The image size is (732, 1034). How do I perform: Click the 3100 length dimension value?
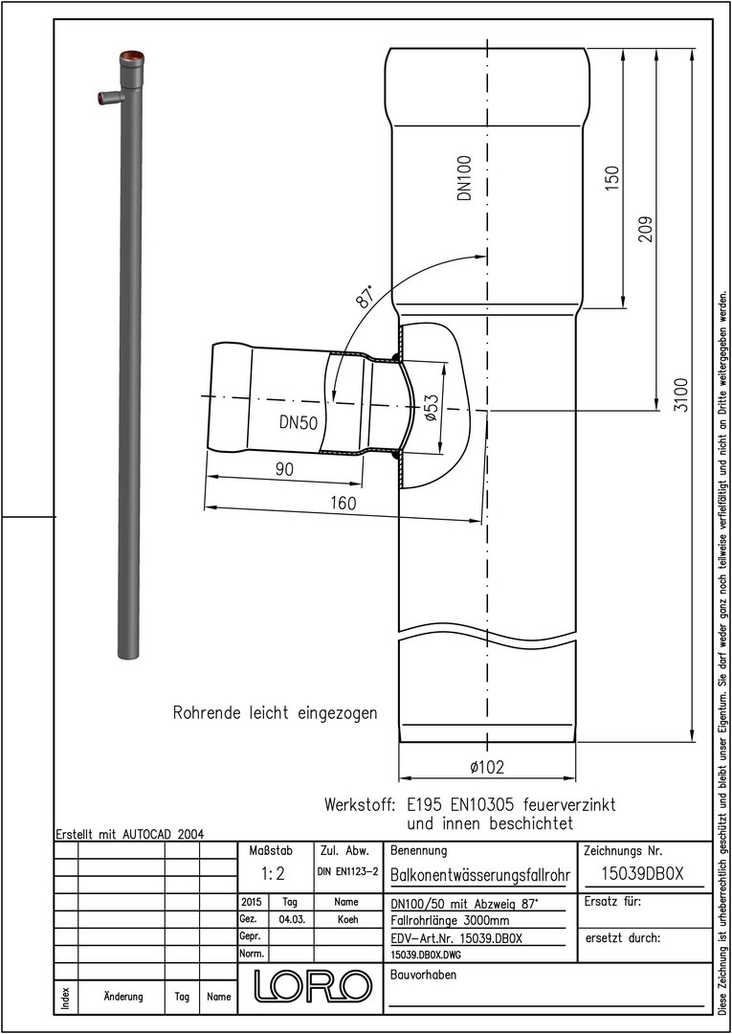pyautogui.click(x=680, y=395)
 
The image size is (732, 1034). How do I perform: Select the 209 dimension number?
pyautogui.click(x=646, y=229)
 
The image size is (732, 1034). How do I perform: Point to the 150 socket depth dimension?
pyautogui.click(x=612, y=179)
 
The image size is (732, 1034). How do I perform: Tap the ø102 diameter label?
pyautogui.click(x=487, y=767)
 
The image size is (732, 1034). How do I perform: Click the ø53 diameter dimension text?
pyautogui.click(x=431, y=409)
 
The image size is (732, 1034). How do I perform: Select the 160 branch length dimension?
pyautogui.click(x=343, y=504)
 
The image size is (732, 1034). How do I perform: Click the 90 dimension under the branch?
pyautogui.click(x=284, y=469)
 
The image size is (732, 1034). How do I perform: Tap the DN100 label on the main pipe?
pyautogui.click(x=466, y=178)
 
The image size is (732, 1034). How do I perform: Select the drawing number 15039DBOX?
pyautogui.click(x=644, y=874)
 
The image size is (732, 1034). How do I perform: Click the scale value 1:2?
pyautogui.click(x=272, y=874)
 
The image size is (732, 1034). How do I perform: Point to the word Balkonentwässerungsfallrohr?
pyautogui.click(x=479, y=875)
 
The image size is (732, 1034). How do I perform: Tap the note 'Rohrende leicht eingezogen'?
pyautogui.click(x=275, y=713)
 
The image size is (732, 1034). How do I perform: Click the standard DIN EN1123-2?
pyautogui.click(x=347, y=872)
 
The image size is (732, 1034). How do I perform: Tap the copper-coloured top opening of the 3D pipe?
pyautogui.click(x=132, y=56)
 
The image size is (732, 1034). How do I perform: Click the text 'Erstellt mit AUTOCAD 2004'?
pyautogui.click(x=130, y=834)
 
